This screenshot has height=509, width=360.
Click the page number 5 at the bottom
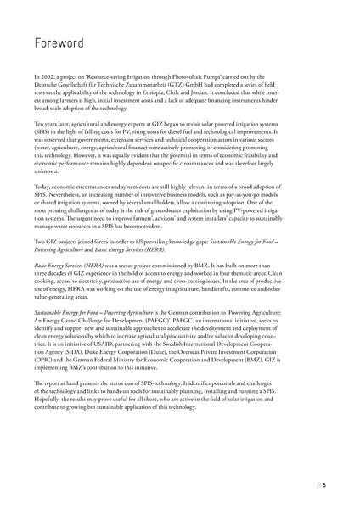point(335,486)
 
